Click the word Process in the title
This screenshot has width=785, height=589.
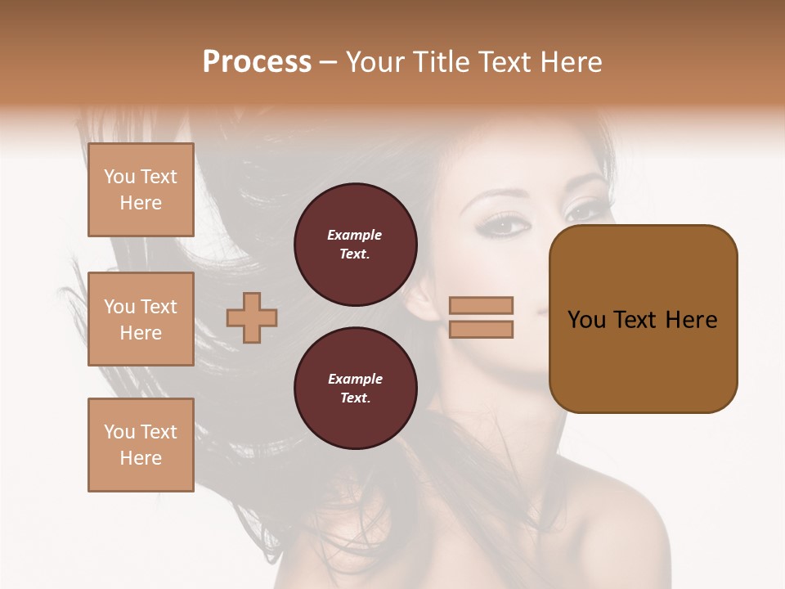[257, 62]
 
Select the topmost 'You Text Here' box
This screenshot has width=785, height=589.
[141, 190]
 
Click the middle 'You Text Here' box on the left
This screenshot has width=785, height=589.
[141, 319]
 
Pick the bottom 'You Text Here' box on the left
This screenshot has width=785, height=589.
[141, 445]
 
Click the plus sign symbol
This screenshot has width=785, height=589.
[252, 317]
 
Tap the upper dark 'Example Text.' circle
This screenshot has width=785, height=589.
[355, 245]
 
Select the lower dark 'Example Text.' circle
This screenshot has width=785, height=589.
[355, 389]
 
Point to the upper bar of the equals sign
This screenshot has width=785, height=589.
[481, 305]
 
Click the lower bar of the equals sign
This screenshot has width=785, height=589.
[481, 330]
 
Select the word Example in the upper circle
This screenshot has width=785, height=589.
[355, 235]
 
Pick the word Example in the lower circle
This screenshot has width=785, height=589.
[355, 379]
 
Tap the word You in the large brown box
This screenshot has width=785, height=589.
[586, 320]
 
